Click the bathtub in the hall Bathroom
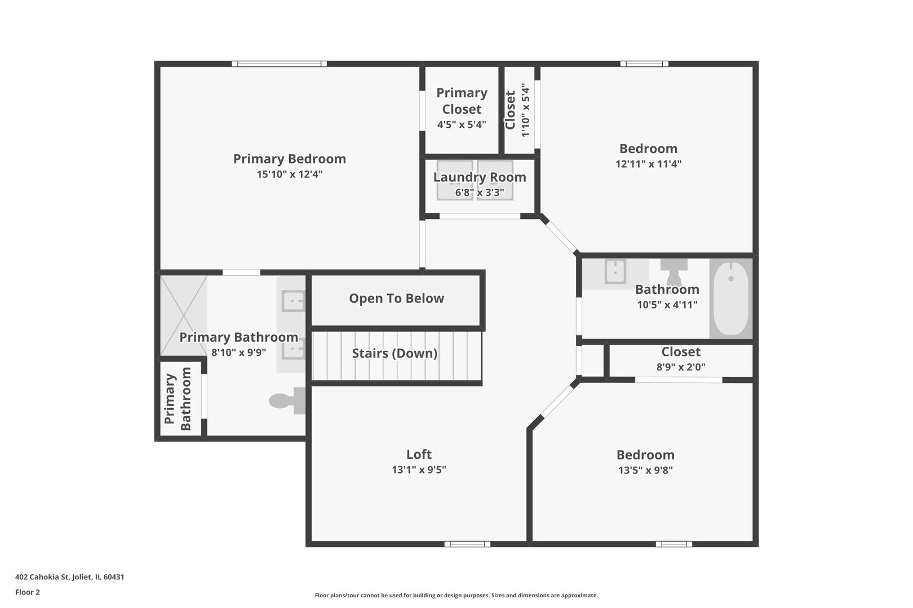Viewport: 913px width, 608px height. point(731,298)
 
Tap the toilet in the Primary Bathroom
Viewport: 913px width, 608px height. point(287,401)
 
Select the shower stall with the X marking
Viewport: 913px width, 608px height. point(183,316)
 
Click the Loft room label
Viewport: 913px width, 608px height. point(419,454)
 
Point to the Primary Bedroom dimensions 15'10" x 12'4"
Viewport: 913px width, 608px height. point(289,175)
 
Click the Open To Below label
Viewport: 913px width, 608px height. point(396,298)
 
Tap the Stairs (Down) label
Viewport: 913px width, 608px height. point(395,353)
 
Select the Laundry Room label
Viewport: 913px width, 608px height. point(479,177)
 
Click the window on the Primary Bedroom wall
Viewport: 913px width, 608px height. point(279,64)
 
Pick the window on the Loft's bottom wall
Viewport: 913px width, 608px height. point(467,544)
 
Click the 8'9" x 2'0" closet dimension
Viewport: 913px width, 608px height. point(681,367)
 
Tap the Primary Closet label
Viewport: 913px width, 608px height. point(462,101)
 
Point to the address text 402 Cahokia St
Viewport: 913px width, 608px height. point(42,576)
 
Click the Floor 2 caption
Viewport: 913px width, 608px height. point(28,592)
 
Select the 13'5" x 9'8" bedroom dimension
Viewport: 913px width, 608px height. point(645,470)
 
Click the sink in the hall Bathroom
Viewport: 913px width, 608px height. point(615,271)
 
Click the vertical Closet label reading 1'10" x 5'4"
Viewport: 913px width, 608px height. point(517,110)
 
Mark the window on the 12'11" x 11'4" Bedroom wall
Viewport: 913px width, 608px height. point(644,64)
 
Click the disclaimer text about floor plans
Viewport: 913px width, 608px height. point(456,596)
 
